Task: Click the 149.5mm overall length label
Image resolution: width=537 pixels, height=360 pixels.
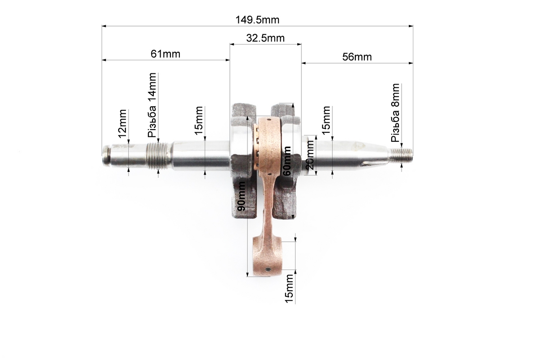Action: [x=257, y=20]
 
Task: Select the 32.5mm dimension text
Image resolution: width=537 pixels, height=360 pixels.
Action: [x=265, y=38]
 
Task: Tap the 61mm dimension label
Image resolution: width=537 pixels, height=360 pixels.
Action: [x=166, y=54]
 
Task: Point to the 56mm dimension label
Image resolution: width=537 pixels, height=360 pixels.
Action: [x=357, y=57]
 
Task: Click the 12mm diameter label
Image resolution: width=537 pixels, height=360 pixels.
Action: [x=123, y=124]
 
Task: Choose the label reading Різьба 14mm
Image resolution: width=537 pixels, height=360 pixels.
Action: [x=152, y=105]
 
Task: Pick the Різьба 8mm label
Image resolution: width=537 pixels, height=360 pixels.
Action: [x=395, y=112]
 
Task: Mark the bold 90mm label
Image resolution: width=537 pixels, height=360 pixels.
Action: [x=241, y=196]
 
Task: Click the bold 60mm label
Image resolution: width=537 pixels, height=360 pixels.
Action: [x=287, y=161]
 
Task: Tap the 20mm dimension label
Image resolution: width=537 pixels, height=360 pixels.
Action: [x=309, y=155]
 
